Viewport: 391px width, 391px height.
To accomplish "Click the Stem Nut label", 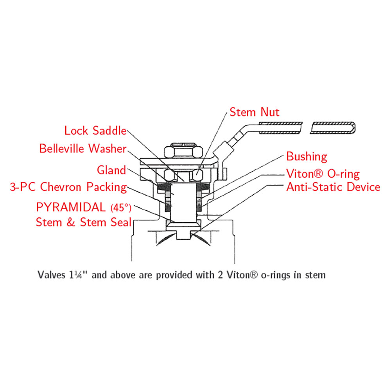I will [x=255, y=112].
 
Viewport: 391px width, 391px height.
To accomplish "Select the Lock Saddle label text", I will [x=95, y=131].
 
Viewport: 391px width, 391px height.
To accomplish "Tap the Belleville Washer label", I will [x=83, y=149].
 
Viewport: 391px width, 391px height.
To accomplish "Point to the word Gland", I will [x=111, y=170].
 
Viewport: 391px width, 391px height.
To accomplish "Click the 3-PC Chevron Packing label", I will [x=68, y=187].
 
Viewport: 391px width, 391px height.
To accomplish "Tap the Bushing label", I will [x=307, y=157].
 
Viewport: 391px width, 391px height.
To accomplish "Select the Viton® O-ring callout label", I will [x=323, y=174].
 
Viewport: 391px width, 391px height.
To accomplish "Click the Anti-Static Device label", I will [x=333, y=187].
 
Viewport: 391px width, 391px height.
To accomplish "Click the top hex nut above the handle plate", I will [x=183, y=151].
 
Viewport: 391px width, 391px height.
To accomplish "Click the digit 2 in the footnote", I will [x=219, y=275].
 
